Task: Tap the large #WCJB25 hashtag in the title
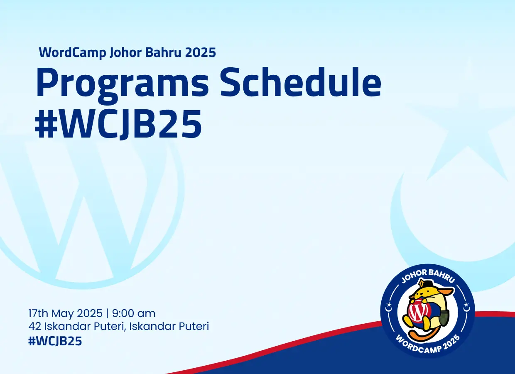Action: [x=118, y=124]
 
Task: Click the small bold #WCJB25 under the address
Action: [x=55, y=341]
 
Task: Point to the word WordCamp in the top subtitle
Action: [x=72, y=53]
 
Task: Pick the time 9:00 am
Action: [x=134, y=313]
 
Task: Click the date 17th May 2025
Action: [x=65, y=314]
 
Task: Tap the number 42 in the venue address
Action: [x=34, y=326]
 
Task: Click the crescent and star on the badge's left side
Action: [x=389, y=306]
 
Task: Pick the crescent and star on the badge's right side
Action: [x=466, y=306]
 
